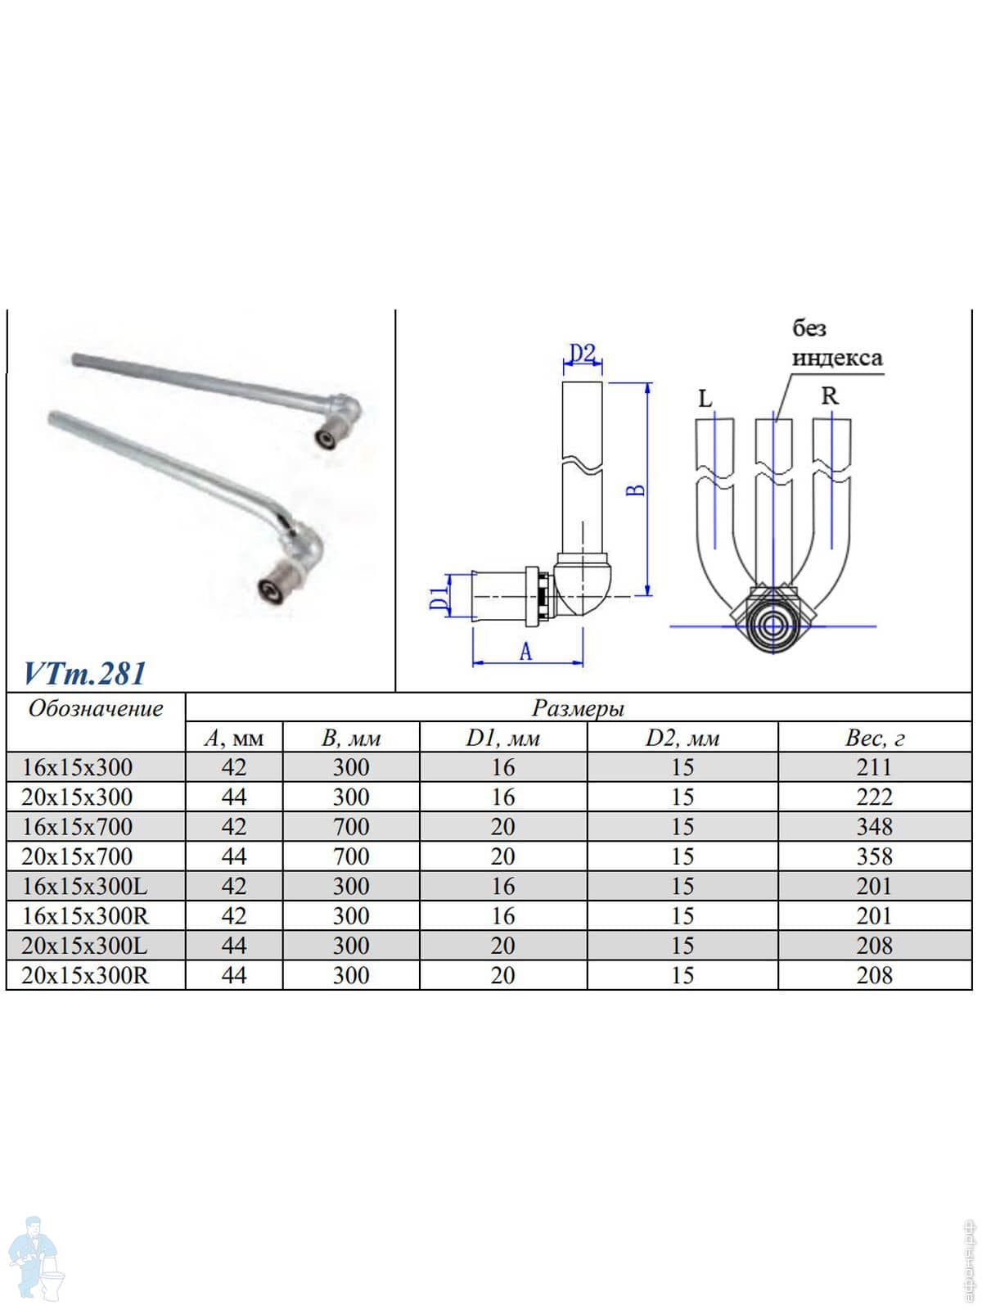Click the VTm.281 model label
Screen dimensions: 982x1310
[x=84, y=673]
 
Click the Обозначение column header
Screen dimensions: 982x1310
[x=96, y=708]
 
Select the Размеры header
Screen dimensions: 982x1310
[x=578, y=708]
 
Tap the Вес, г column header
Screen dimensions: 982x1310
[x=875, y=739]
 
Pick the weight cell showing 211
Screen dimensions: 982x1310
[x=874, y=767]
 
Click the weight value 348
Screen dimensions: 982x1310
[x=874, y=827]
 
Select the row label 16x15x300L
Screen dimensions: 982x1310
[x=84, y=886]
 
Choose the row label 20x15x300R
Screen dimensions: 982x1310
[x=84, y=975]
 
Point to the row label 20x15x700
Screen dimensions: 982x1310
[x=77, y=856]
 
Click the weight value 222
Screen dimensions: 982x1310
[x=874, y=797]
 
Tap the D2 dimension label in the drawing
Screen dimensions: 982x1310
[x=582, y=354]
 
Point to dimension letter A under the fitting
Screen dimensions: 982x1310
[x=525, y=652]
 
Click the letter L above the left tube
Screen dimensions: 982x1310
[x=705, y=399]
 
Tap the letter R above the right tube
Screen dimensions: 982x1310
[x=830, y=395]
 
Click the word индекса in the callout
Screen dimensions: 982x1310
[x=837, y=358]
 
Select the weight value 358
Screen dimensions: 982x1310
[x=874, y=856]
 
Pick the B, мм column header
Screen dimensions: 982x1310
[x=350, y=739]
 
